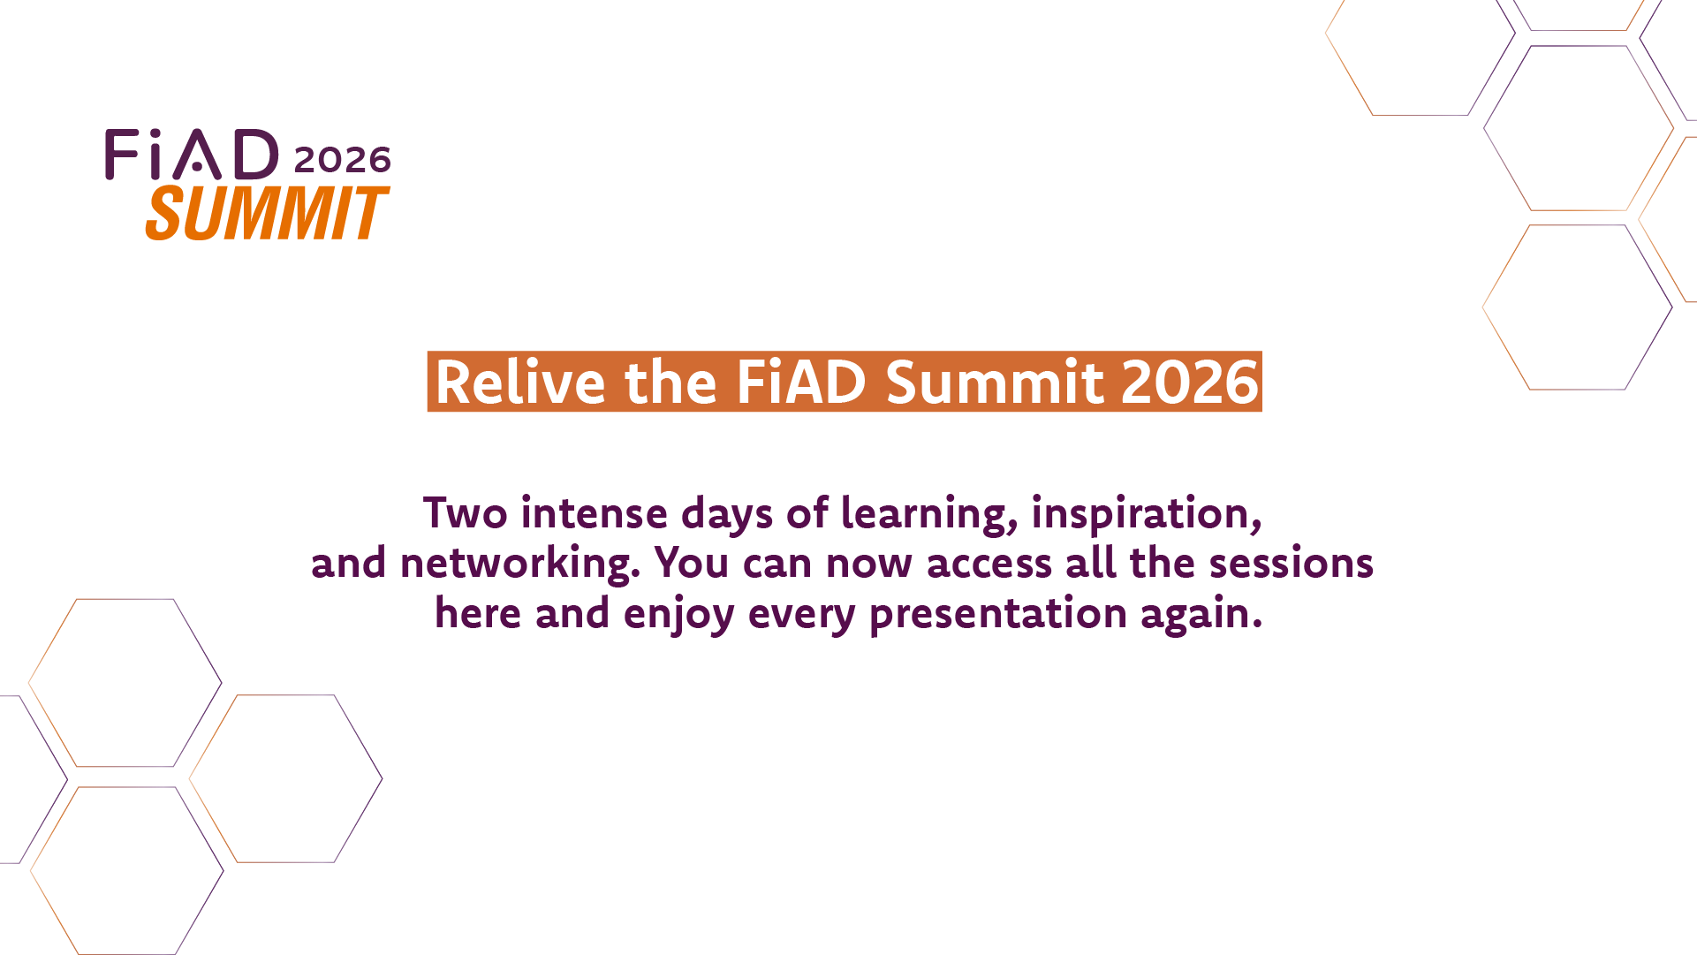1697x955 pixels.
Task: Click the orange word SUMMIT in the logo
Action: point(267,213)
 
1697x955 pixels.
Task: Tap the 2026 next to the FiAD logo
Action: point(343,160)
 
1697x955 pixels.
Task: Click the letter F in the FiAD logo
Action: point(122,155)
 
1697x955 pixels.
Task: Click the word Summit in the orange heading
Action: point(996,382)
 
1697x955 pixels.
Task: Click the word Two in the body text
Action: point(465,513)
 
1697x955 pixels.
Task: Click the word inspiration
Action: point(1147,515)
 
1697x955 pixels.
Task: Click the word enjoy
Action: point(679,616)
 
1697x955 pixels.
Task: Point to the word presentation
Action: point(999,615)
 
